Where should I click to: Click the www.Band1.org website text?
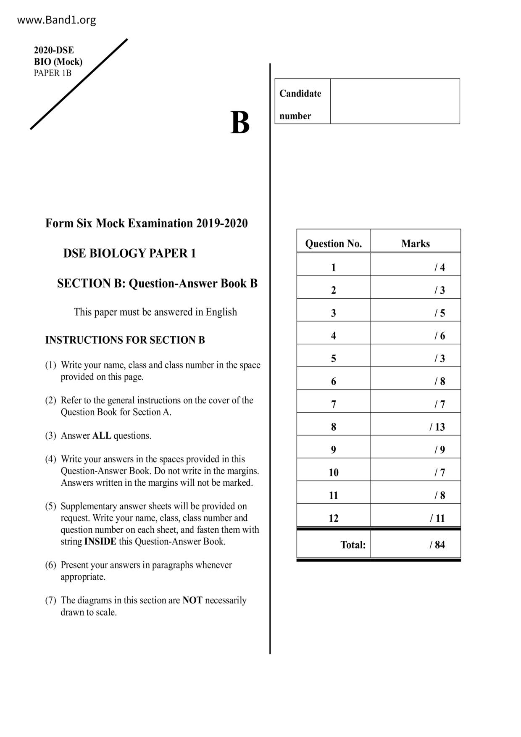tap(56, 20)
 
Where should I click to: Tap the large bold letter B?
tap(240, 123)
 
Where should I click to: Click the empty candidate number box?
tap(395, 101)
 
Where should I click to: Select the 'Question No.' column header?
tap(333, 244)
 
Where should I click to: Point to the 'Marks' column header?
tap(415, 244)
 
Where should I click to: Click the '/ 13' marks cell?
tap(437, 427)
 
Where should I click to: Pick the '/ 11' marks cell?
tap(437, 518)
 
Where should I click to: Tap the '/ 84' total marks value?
tap(437, 545)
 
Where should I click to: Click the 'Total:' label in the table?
tap(353, 545)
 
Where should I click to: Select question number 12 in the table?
tap(333, 518)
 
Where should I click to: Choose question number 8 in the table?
tap(333, 427)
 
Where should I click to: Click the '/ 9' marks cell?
tap(439, 450)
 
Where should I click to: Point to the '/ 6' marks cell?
tap(439, 336)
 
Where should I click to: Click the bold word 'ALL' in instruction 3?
tap(102, 436)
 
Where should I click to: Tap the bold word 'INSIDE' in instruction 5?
tap(100, 542)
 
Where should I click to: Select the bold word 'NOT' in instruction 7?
tap(192, 600)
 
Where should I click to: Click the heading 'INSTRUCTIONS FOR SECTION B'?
tap(125, 340)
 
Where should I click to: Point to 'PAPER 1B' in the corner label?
tap(53, 73)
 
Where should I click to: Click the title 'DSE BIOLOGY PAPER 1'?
tap(129, 253)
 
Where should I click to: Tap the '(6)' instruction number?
tap(50, 565)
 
